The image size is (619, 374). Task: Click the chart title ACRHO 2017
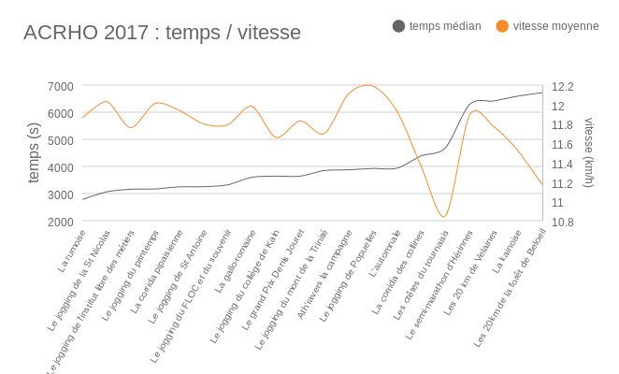(x=162, y=33)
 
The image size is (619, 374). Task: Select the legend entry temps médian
(x=445, y=26)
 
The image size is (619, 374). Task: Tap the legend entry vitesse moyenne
(x=555, y=26)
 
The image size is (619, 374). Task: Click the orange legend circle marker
(x=503, y=26)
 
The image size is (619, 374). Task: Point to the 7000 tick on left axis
(x=60, y=87)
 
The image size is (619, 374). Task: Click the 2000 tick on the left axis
(x=60, y=222)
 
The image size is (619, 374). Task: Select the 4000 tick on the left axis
(x=60, y=167)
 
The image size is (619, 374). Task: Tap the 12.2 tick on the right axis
(x=563, y=87)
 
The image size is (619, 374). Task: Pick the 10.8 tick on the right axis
(x=563, y=222)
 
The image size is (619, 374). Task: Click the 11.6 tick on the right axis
(x=563, y=144)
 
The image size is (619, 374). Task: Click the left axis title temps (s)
(x=34, y=152)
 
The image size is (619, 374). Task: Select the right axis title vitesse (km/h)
(x=589, y=152)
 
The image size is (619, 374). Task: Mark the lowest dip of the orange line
(x=444, y=217)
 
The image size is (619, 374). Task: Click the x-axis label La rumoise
(x=72, y=251)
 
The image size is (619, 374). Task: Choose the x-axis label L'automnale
(x=384, y=253)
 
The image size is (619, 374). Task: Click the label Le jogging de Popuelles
(x=348, y=276)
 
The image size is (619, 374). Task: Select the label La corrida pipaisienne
(x=157, y=271)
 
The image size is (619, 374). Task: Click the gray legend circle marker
(x=399, y=26)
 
